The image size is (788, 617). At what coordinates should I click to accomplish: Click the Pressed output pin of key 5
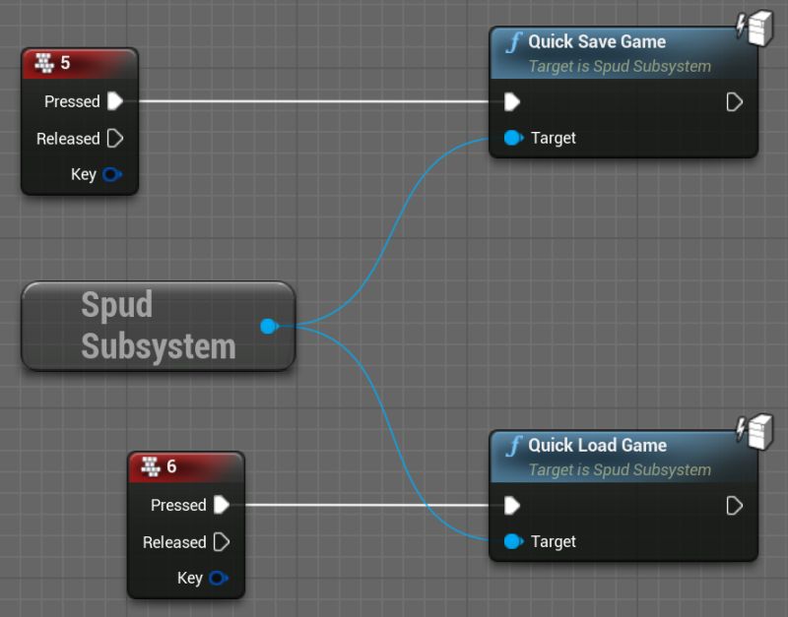click(x=115, y=101)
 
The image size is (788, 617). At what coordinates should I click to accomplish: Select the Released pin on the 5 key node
click(x=114, y=138)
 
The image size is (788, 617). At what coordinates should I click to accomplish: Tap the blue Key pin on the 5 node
click(x=112, y=174)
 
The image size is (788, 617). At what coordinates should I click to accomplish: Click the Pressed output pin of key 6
click(x=222, y=505)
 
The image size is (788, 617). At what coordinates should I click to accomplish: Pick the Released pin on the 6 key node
click(x=221, y=541)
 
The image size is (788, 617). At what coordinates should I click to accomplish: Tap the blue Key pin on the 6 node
click(x=219, y=578)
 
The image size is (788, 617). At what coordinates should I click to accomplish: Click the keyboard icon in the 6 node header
click(x=150, y=466)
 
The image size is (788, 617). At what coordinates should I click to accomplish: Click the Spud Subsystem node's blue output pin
click(x=268, y=326)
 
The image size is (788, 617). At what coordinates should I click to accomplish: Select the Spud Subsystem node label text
click(x=158, y=325)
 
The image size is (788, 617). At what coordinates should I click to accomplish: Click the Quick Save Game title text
click(x=597, y=41)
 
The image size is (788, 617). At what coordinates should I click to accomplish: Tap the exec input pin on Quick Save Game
click(x=512, y=101)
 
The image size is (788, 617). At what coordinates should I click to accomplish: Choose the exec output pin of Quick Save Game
click(x=734, y=101)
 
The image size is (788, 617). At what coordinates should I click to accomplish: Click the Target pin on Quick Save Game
click(x=513, y=138)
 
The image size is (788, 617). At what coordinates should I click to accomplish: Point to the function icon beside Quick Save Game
click(x=513, y=42)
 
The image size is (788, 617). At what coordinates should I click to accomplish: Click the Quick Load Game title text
click(x=597, y=445)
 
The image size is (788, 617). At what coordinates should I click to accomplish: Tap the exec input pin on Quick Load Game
click(x=512, y=505)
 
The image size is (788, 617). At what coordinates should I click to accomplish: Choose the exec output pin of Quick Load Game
click(x=734, y=505)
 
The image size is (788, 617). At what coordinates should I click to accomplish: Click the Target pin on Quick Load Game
click(x=513, y=541)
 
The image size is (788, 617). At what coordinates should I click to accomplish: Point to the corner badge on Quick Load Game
click(x=754, y=431)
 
